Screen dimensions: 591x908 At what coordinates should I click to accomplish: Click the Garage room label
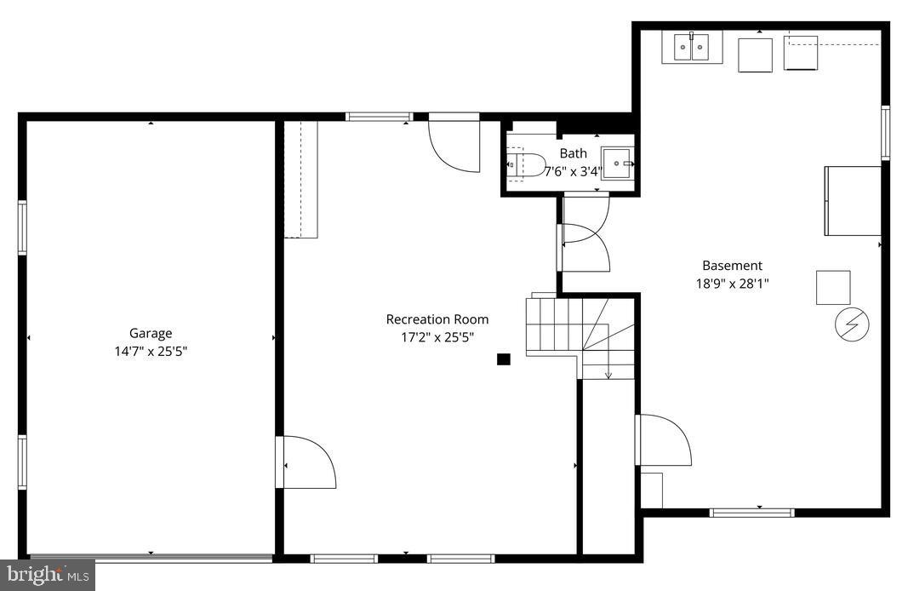(x=151, y=334)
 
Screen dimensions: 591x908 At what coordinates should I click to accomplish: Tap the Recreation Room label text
(x=437, y=319)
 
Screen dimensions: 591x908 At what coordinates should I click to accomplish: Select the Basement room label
(x=732, y=266)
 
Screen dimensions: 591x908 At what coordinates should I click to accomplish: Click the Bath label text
(x=573, y=153)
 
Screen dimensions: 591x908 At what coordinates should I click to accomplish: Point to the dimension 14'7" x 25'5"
(x=151, y=351)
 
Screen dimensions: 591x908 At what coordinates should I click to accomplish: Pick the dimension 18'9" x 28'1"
(x=733, y=283)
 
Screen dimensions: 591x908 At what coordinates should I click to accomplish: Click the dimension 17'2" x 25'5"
(x=437, y=337)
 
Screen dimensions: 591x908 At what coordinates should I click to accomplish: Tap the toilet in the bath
(x=527, y=164)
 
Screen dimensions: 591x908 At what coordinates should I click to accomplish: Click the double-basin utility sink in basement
(x=692, y=48)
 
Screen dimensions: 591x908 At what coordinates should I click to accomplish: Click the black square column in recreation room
(x=503, y=359)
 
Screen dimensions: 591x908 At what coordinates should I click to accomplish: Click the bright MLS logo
(x=47, y=575)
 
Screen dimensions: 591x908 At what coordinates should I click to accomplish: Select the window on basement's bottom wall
(x=751, y=513)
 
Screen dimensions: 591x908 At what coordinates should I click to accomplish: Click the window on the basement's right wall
(x=885, y=133)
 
